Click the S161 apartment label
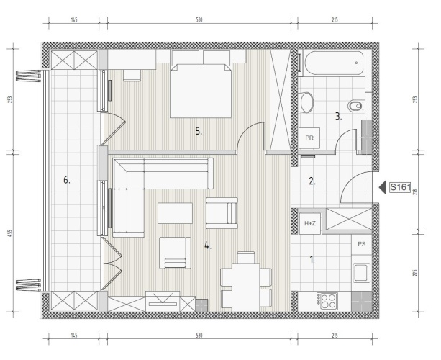click(400, 187)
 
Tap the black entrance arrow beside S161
click(383, 187)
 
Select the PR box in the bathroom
click(309, 138)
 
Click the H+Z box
click(310, 223)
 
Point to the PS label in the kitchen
click(362, 244)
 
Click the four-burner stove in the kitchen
click(327, 302)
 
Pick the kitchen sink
click(362, 272)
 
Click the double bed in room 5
click(201, 90)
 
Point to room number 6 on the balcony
click(66, 180)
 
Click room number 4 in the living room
click(208, 246)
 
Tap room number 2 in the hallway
click(312, 181)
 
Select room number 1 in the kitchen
click(312, 259)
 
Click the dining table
click(246, 287)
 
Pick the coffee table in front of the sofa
click(175, 213)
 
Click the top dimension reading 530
click(199, 19)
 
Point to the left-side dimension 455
click(9, 233)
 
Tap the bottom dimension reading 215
click(335, 336)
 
